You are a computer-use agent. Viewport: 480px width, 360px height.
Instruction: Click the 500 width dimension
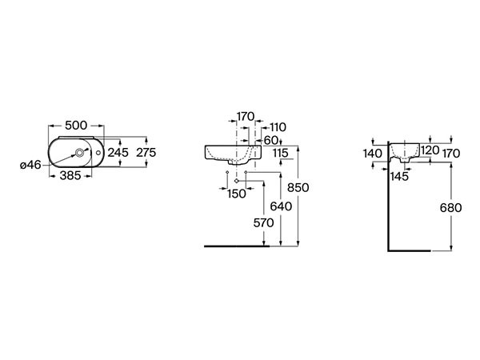76,126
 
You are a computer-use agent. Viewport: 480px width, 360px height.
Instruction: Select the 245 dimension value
118,152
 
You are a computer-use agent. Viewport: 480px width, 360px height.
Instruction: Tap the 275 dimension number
146,152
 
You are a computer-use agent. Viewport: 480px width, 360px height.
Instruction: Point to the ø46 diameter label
30,165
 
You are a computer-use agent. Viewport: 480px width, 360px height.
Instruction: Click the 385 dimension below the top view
70,175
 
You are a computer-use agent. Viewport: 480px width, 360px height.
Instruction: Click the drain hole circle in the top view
80,152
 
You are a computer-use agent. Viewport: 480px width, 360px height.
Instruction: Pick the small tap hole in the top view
98,152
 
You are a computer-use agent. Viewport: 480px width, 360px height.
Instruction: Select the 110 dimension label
278,127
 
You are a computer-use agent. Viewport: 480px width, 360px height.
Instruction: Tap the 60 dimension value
271,140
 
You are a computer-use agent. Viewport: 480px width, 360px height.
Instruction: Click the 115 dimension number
281,153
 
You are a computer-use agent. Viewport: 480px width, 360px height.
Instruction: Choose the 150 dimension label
237,194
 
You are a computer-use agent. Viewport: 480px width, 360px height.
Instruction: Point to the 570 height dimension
263,223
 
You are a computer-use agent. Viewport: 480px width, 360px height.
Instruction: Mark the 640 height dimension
281,206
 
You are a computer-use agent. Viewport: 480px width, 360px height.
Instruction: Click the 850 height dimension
298,187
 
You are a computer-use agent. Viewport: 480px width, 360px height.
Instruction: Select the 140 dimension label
373,154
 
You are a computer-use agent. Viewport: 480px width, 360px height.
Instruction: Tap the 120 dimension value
430,150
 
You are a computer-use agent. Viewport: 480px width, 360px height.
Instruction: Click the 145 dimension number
399,176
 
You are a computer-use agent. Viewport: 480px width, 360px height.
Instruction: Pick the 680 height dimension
450,208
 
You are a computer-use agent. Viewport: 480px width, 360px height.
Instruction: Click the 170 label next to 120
451,154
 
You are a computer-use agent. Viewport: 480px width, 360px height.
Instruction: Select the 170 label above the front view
246,116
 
